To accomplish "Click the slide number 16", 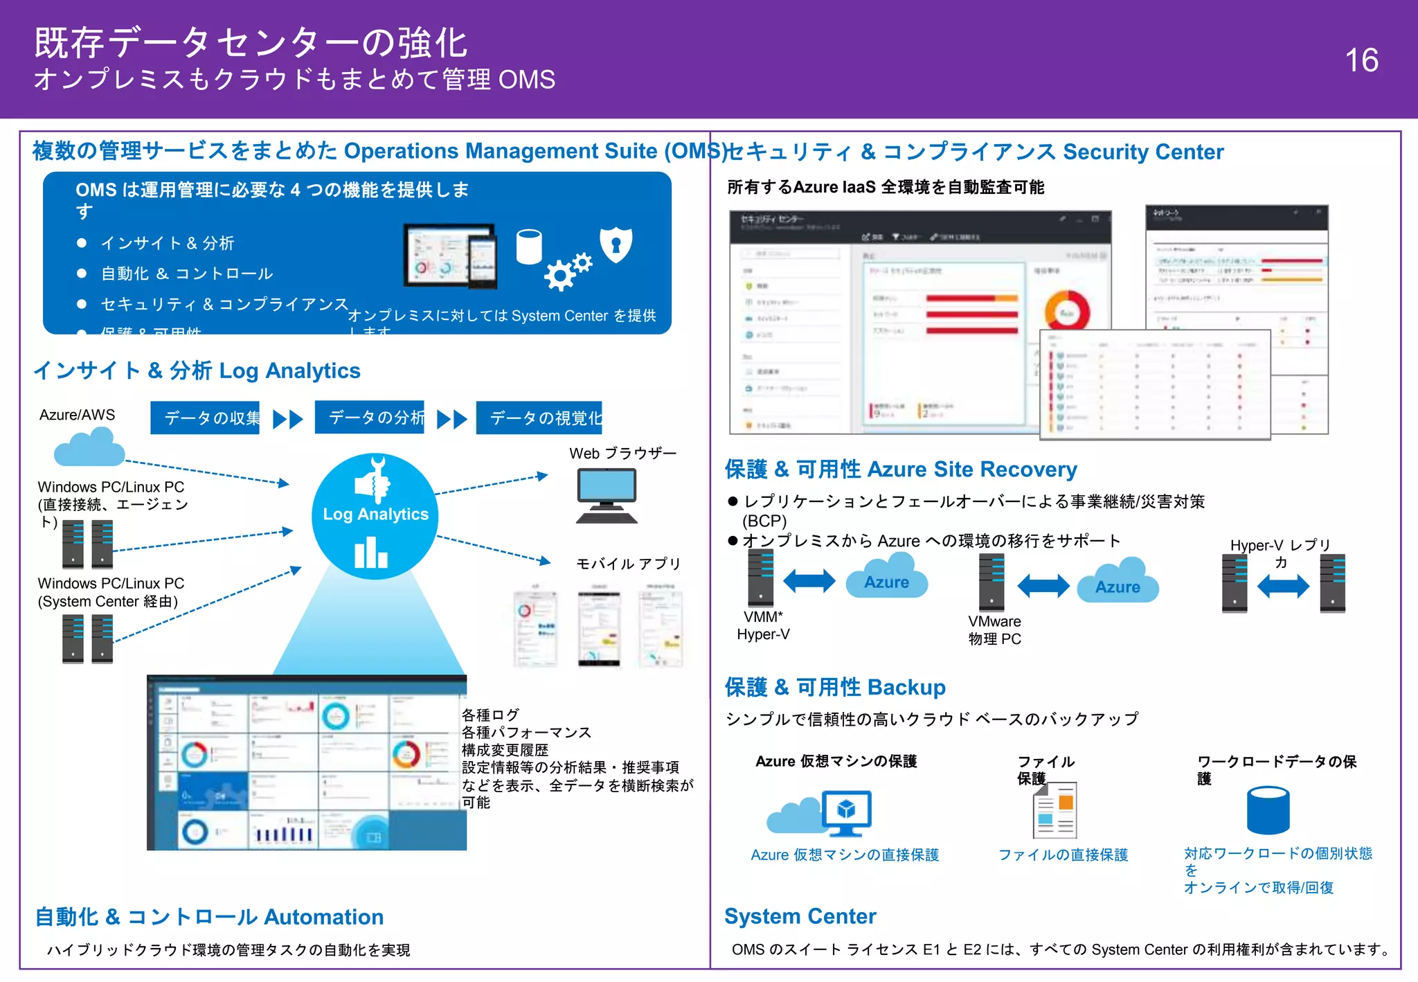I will click(1361, 60).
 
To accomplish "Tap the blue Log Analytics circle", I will click(375, 516).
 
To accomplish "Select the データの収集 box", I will click(205, 418).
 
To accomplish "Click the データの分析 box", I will click(369, 417).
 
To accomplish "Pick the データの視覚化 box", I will click(539, 418).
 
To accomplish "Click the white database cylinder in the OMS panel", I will click(529, 247).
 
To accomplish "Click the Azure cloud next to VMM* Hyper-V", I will click(886, 576).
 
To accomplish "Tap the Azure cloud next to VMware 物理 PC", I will click(1118, 581).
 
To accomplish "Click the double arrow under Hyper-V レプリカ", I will click(1283, 587).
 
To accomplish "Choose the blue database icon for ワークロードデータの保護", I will click(1268, 810).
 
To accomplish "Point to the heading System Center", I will click(800, 916).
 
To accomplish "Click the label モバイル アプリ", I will click(628, 564).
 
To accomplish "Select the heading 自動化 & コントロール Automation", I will click(209, 917).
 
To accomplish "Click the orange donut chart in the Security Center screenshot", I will click(1067, 310).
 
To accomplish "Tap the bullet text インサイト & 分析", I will click(168, 243).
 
